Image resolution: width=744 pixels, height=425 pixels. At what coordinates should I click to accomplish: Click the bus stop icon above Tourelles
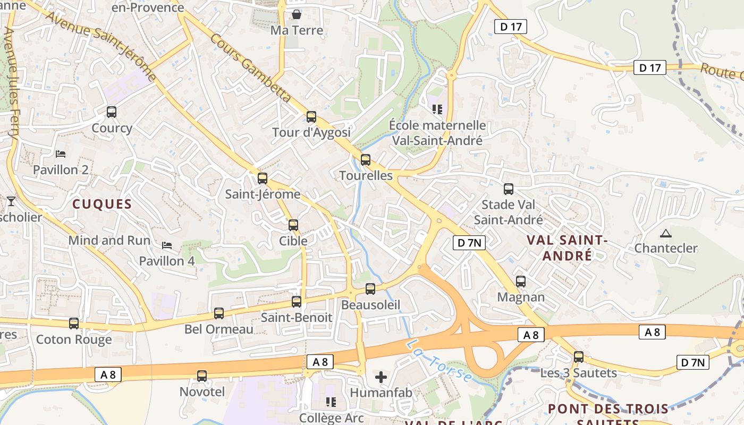(365, 159)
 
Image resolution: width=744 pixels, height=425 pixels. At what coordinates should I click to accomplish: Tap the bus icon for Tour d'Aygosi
(311, 116)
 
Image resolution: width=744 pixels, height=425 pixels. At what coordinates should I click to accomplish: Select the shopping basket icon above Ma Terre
(297, 14)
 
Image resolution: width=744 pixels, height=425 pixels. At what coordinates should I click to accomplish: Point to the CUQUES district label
(102, 204)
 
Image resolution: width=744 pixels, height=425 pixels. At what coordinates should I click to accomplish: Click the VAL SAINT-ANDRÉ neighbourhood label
(567, 248)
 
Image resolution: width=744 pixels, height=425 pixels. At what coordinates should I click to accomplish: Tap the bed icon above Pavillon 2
(61, 154)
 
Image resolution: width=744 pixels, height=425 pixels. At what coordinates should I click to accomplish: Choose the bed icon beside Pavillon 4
(167, 245)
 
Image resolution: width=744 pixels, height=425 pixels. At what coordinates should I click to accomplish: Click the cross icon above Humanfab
(381, 377)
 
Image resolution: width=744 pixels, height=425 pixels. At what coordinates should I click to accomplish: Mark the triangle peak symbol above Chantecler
(665, 233)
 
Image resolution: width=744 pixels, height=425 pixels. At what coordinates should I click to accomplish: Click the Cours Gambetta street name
(250, 68)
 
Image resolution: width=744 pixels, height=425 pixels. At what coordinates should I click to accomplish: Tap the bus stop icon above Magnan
(521, 281)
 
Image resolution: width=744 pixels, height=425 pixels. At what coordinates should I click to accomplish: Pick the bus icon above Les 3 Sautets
(579, 357)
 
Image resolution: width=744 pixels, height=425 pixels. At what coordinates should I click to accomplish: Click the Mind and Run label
(109, 240)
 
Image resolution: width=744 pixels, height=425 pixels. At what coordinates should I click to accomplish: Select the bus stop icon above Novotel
(202, 376)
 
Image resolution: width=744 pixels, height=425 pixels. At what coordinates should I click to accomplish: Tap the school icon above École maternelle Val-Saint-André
(437, 109)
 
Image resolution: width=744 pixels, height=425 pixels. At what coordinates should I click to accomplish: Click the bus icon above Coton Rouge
(74, 323)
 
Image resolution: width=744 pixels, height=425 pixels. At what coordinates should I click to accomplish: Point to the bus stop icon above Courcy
(112, 112)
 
